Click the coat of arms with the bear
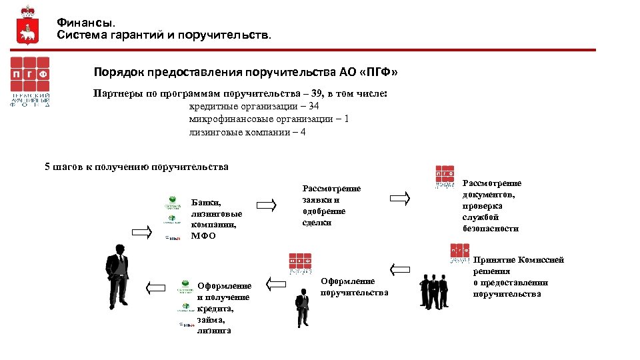(27, 25)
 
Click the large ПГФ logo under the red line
(29, 81)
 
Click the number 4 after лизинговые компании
(303, 131)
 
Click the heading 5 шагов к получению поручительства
(136, 167)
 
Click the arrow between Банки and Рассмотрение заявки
(267, 205)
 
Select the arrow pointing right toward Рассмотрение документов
(400, 198)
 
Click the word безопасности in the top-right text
(490, 228)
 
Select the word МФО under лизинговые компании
(203, 235)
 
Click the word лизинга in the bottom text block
(214, 330)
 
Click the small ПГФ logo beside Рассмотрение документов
(445, 177)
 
